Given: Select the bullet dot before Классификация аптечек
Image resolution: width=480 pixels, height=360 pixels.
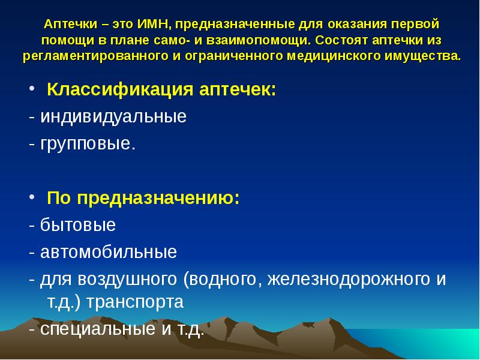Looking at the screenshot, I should pyautogui.click(x=33, y=91).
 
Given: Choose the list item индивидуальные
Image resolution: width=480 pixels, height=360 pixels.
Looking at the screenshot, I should pyautogui.click(x=113, y=116).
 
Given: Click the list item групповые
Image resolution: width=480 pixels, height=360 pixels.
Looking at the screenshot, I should pyautogui.click(x=88, y=145).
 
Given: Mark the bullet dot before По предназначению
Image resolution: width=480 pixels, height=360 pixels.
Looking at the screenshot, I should pyautogui.click(x=33, y=199).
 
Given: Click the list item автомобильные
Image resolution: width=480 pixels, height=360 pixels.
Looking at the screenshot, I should pyautogui.click(x=109, y=252).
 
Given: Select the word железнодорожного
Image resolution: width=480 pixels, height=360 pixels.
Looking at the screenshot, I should pyautogui.click(x=349, y=279).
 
